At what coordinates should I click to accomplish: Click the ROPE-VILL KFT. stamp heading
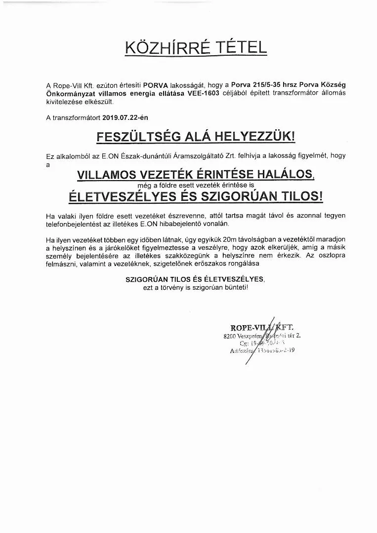pos(261,327)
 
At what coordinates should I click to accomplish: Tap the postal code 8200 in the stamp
pos(230,336)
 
